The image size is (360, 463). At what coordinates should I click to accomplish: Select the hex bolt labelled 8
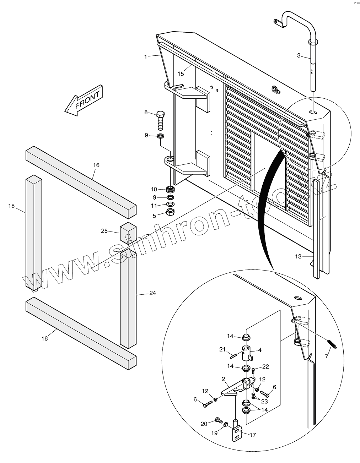[x=161, y=121]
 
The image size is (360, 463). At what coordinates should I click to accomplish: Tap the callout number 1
[x=145, y=56]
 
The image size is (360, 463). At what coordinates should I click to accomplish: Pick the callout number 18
[x=11, y=206]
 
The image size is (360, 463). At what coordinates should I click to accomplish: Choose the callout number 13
[x=298, y=256]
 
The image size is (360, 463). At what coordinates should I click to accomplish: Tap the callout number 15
[x=181, y=73]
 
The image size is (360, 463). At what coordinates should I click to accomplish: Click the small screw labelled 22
[x=253, y=371]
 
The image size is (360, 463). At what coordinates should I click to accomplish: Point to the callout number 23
[x=264, y=402]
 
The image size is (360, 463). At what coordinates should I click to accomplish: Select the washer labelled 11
[x=171, y=205]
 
